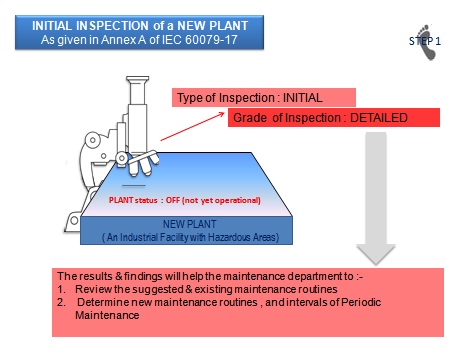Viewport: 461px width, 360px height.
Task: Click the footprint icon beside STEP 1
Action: click(427, 42)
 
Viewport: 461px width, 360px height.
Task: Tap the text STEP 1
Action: click(425, 41)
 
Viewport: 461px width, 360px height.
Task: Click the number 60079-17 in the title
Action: click(211, 40)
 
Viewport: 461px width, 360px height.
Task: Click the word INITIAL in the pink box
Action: click(303, 98)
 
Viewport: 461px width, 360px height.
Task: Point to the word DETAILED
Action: click(379, 118)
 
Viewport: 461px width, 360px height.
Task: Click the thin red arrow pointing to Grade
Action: click(192, 126)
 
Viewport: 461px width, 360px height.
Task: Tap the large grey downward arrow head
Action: click(376, 255)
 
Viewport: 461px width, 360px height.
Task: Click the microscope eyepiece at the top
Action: click(137, 81)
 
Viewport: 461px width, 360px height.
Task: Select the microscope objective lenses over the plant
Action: click(144, 163)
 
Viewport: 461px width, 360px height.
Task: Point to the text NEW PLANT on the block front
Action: click(189, 224)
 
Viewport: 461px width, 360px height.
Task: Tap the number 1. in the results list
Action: click(61, 289)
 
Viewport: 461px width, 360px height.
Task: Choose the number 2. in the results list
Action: click(61, 302)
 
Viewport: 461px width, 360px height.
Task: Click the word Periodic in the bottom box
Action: click(361, 302)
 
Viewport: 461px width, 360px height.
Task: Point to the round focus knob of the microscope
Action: click(93, 140)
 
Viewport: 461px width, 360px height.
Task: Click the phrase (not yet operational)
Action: click(221, 200)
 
